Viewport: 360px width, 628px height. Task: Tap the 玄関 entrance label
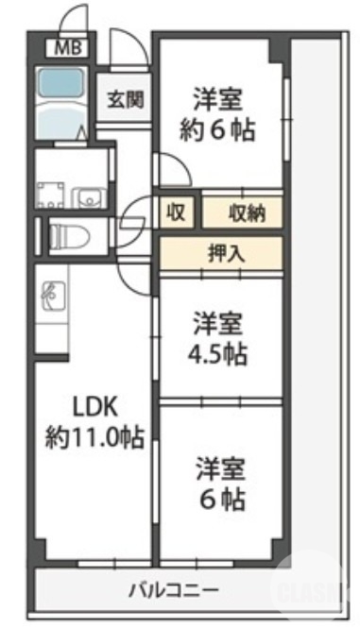(x=124, y=97)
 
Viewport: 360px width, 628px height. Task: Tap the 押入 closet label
(x=223, y=253)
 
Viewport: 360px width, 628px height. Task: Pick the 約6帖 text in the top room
(x=220, y=129)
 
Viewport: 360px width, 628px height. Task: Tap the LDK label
(x=94, y=406)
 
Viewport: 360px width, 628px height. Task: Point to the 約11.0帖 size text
(x=94, y=437)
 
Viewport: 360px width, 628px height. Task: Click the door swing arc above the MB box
(x=72, y=21)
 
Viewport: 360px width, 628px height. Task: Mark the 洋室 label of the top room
(x=220, y=98)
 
